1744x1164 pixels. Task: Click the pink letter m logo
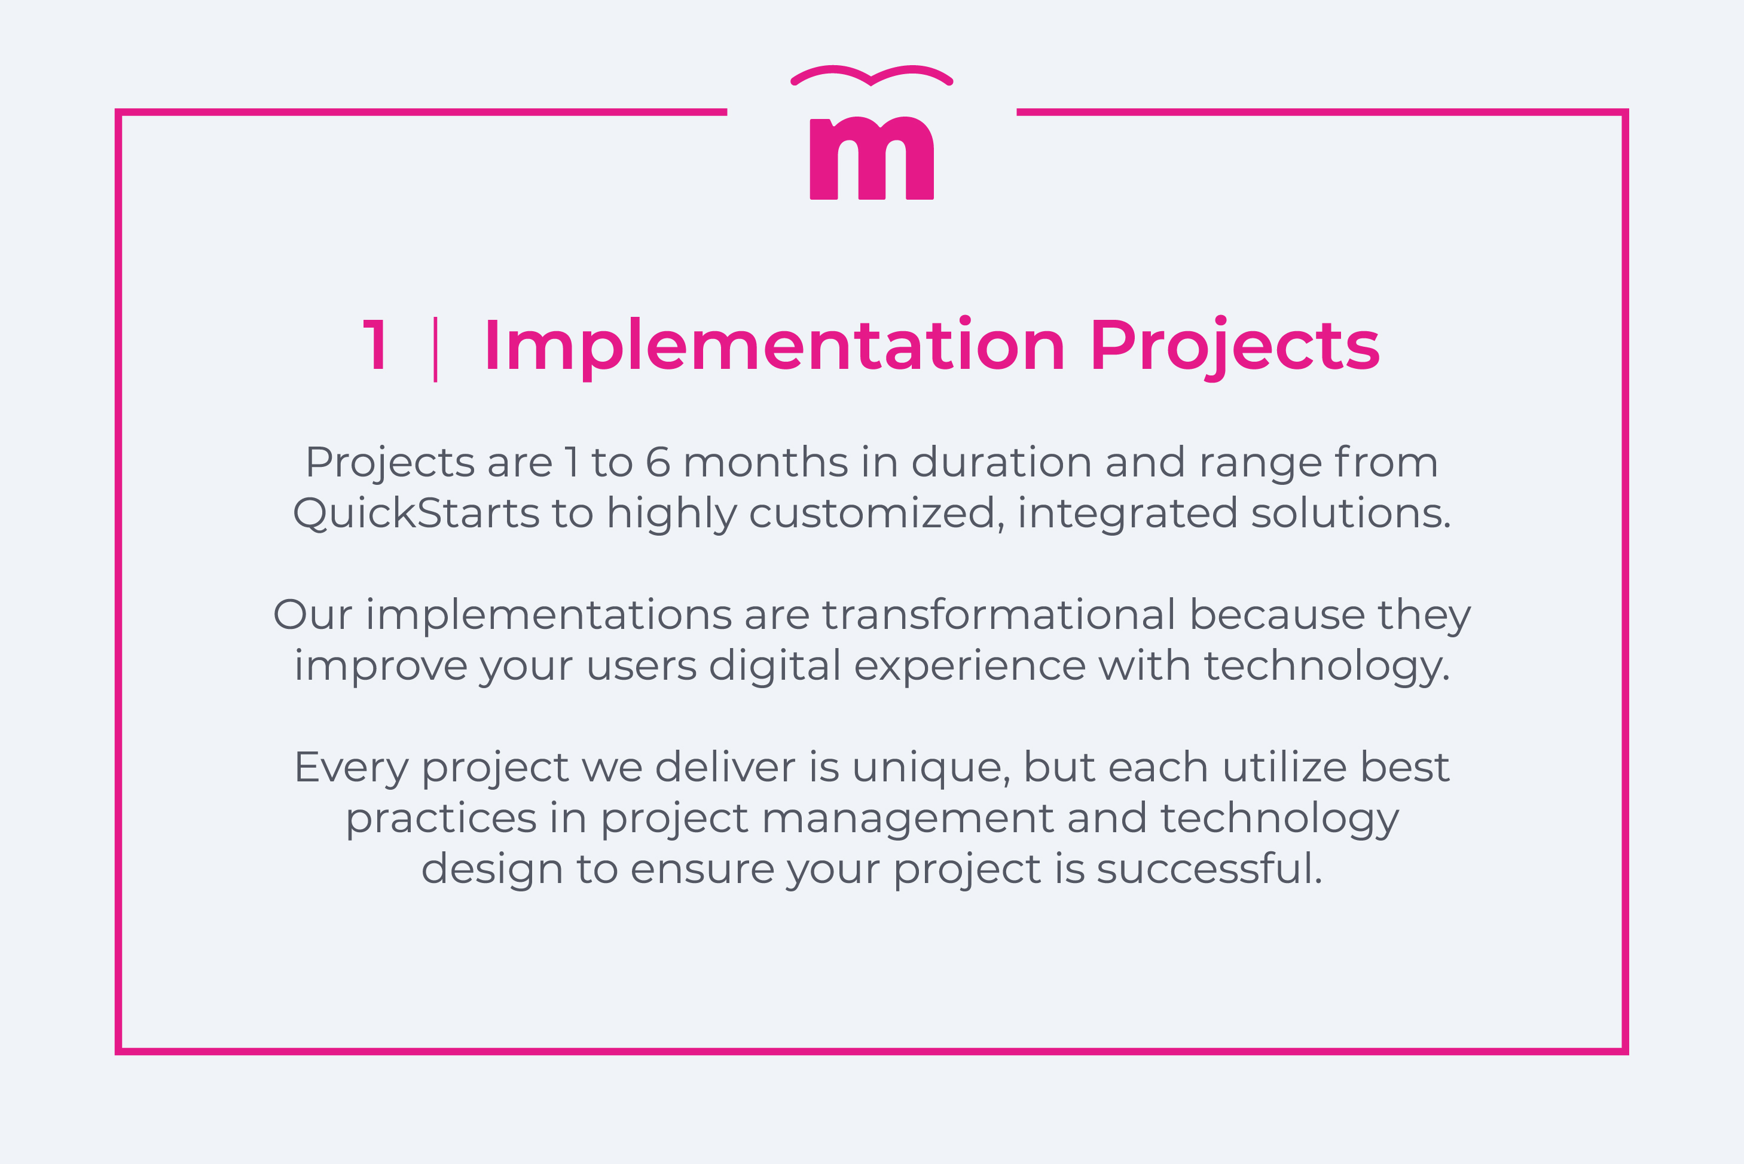871,159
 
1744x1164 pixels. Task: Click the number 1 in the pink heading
375,345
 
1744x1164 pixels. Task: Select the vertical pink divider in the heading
435,349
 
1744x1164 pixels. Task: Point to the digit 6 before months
658,463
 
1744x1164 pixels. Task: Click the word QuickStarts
416,513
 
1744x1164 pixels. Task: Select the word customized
872,514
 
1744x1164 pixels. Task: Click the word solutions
1351,513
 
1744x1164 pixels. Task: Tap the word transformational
998,615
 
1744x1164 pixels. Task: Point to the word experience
970,667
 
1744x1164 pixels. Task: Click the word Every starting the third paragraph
351,768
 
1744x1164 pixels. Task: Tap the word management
907,819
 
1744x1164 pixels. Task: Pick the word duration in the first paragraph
1001,463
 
